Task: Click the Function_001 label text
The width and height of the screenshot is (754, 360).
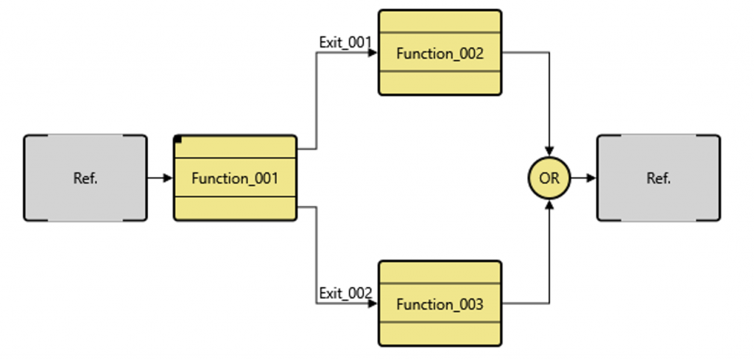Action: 235,178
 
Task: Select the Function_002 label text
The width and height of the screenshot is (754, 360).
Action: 440,53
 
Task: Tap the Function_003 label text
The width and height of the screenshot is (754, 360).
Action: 440,304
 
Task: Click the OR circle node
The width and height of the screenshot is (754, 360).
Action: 549,178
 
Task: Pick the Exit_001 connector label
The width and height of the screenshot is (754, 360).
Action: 345,42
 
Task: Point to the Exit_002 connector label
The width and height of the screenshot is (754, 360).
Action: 345,293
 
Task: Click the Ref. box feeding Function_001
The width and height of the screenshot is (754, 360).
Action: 85,178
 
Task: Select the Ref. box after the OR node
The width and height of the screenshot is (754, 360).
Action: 658,178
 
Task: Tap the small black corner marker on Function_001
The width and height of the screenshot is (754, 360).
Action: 178,139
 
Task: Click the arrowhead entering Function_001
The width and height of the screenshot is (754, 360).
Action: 169,178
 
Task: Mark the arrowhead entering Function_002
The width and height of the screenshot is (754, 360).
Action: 373,53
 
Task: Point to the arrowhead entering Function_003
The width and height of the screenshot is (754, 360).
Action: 373,303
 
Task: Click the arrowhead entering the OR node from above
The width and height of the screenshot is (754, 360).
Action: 549,152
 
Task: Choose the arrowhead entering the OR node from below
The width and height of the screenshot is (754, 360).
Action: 549,204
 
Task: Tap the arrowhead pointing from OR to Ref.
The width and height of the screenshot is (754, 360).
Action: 591,178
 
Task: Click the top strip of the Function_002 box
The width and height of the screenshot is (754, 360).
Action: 440,22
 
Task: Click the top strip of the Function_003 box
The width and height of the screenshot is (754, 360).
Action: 440,272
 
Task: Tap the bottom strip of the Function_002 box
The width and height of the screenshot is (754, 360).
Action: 440,82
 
